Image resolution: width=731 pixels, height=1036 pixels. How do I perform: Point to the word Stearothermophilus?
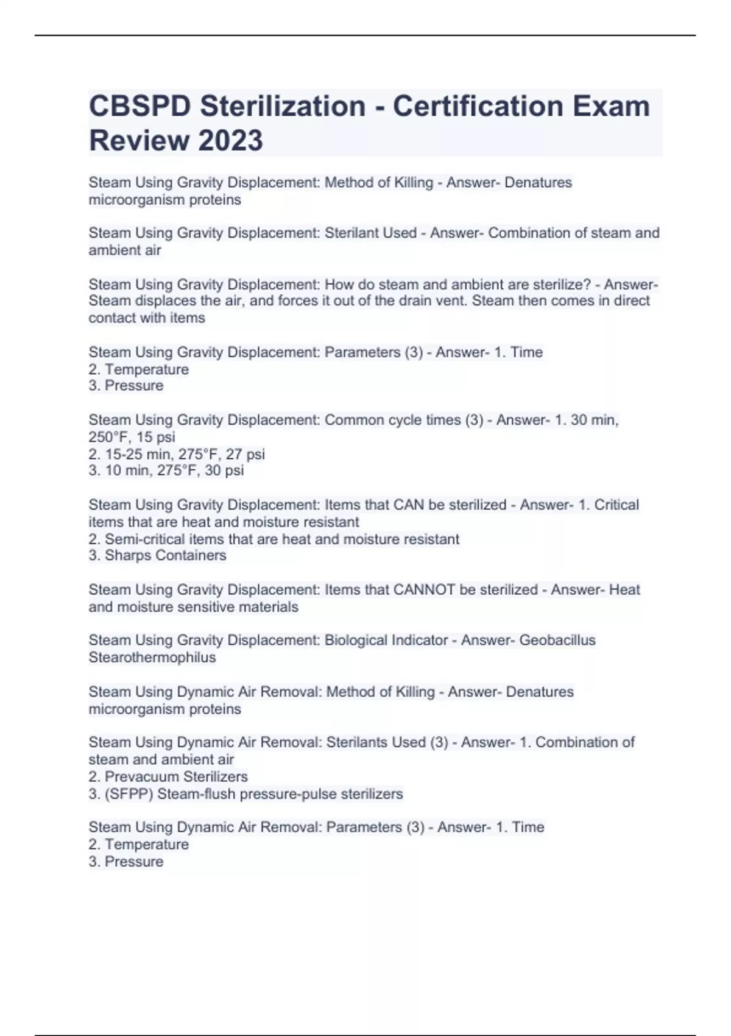coord(152,657)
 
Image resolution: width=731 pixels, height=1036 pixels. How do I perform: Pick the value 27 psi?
coord(245,454)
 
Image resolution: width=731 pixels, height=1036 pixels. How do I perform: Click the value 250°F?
coord(109,437)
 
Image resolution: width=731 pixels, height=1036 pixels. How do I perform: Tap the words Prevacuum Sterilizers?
coord(176,776)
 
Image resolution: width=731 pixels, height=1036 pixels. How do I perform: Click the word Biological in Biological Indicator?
coord(354,640)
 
